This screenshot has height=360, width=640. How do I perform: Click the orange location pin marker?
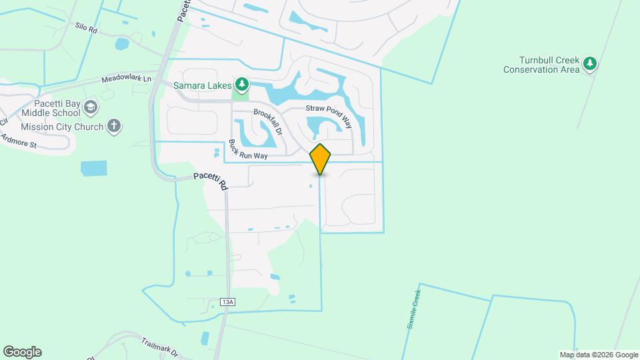[x=321, y=159]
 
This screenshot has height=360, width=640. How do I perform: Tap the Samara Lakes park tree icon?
[x=242, y=85]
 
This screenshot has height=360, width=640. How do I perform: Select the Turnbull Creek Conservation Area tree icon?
[x=589, y=64]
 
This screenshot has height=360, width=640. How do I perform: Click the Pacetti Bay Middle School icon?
[x=91, y=107]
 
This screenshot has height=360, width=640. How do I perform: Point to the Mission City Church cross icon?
[x=114, y=126]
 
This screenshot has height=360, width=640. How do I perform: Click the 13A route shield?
[x=227, y=302]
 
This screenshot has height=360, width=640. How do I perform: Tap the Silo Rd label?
[x=87, y=27]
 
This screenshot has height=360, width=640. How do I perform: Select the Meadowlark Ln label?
[x=127, y=79]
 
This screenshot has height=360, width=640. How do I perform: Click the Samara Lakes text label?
[x=201, y=85]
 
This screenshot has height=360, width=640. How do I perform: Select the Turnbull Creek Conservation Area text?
[x=541, y=65]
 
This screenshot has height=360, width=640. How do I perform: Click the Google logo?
[x=22, y=352]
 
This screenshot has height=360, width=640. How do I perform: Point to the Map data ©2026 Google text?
[x=599, y=355]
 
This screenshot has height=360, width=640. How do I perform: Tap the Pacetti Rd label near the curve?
[x=211, y=180]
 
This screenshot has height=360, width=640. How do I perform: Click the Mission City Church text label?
[x=62, y=127]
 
